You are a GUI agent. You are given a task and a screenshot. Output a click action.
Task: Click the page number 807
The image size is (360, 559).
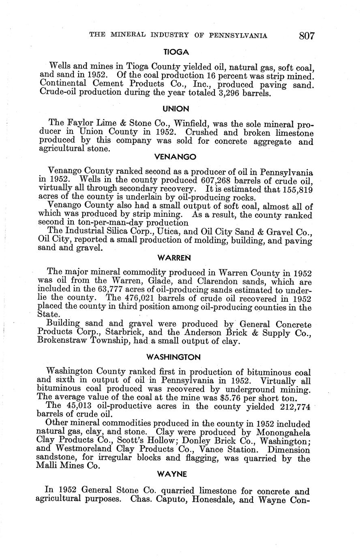tap(307, 36)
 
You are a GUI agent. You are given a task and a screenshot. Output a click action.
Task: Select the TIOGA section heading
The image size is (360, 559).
tap(176, 52)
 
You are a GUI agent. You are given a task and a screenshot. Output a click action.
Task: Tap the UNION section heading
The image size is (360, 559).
tap(176, 109)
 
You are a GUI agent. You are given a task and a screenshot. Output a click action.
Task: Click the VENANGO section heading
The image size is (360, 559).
tap(176, 156)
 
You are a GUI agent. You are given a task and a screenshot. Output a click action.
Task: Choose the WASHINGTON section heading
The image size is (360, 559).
tap(174, 357)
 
